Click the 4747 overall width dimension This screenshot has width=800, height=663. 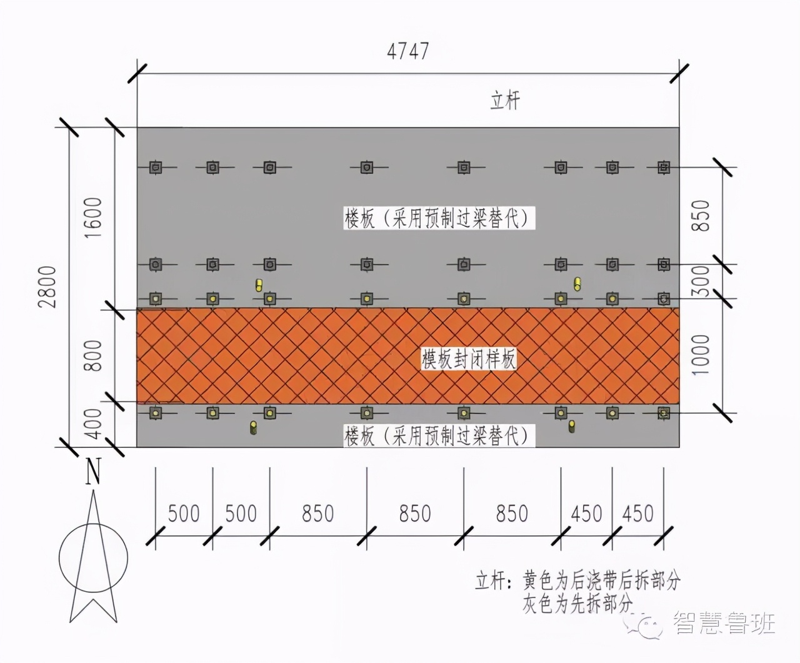click(x=407, y=51)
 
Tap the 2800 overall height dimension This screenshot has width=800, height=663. click(x=48, y=287)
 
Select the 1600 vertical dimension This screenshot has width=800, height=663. click(x=93, y=218)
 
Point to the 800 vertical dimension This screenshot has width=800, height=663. click(x=93, y=355)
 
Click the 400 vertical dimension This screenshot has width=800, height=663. click(x=93, y=423)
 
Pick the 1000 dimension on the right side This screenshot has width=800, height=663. click(x=701, y=355)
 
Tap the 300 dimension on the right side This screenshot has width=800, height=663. click(x=701, y=281)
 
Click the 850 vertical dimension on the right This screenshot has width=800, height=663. click(x=701, y=216)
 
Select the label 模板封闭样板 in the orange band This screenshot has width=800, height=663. click(x=469, y=359)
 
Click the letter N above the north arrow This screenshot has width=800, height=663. click(x=93, y=471)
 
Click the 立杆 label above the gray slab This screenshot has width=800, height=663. click(x=506, y=101)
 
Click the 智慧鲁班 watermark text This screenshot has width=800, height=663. click(x=724, y=624)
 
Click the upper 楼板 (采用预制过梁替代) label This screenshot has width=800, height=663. click(x=439, y=218)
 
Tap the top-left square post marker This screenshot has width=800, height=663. click(x=155, y=167)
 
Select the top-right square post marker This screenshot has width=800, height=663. click(x=664, y=167)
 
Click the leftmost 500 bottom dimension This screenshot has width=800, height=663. click(x=184, y=514)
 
